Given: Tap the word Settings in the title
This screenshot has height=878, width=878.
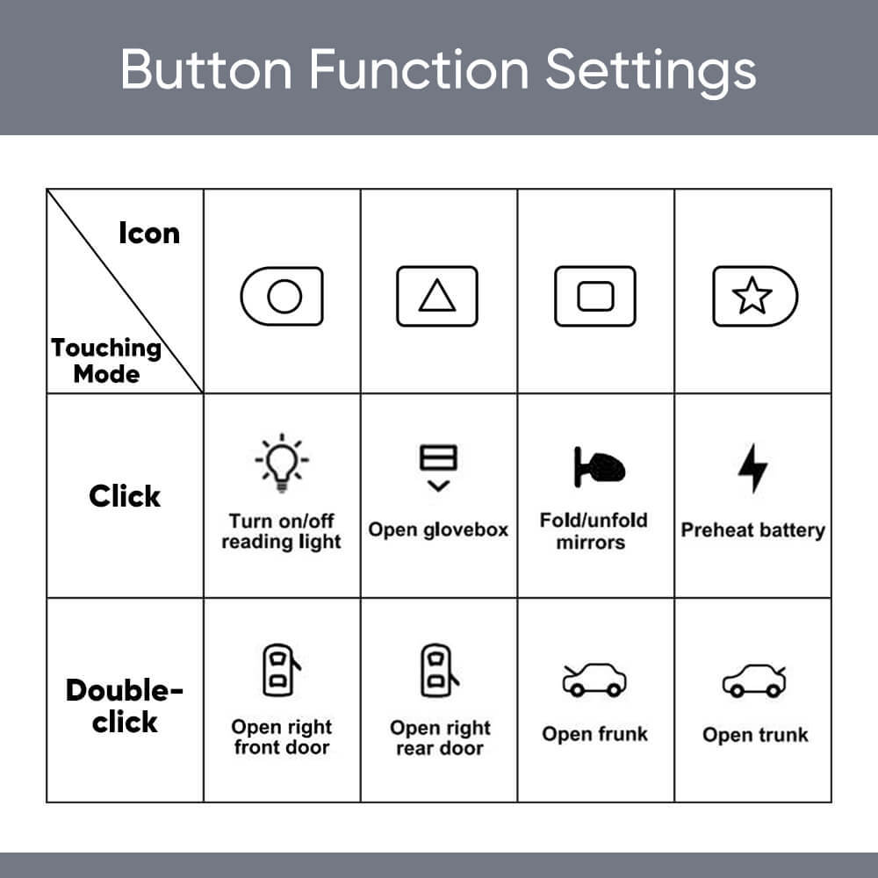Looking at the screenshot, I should click(651, 68).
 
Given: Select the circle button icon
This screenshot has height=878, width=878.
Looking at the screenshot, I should click(282, 297).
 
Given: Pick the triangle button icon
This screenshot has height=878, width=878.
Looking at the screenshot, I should click(437, 297).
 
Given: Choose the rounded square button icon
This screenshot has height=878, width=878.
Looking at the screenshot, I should click(594, 297).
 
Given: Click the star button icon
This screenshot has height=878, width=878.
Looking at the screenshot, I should click(753, 297).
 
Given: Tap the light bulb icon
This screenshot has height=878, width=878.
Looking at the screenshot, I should click(282, 462).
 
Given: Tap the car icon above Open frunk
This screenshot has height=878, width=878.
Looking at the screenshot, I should click(594, 680).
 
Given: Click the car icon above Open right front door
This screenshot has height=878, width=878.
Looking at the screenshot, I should click(280, 671).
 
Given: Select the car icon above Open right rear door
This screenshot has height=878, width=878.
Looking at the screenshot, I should click(439, 671).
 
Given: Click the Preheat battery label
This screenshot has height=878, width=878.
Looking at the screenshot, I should click(753, 530).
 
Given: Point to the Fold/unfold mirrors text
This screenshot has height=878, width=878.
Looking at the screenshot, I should click(594, 531).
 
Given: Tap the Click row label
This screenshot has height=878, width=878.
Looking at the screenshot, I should click(125, 496).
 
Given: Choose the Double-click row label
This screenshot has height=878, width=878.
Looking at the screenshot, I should click(125, 706).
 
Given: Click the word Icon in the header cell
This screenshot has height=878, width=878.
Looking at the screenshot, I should click(148, 234).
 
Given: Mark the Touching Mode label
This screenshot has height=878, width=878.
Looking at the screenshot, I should click(106, 361).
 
